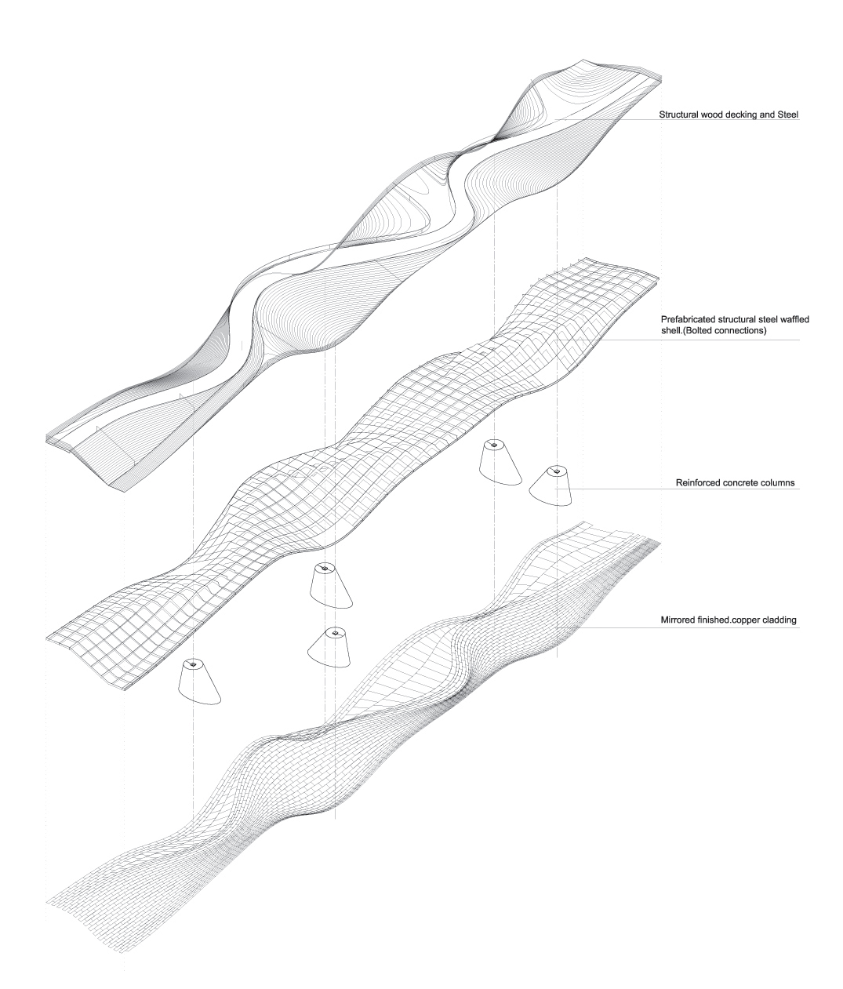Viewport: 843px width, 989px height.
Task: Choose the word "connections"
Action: click(747, 331)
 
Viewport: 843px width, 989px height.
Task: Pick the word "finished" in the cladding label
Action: click(715, 620)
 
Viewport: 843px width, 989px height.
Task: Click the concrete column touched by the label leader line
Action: click(552, 487)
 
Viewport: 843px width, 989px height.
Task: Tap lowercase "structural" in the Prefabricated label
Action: click(731, 320)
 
